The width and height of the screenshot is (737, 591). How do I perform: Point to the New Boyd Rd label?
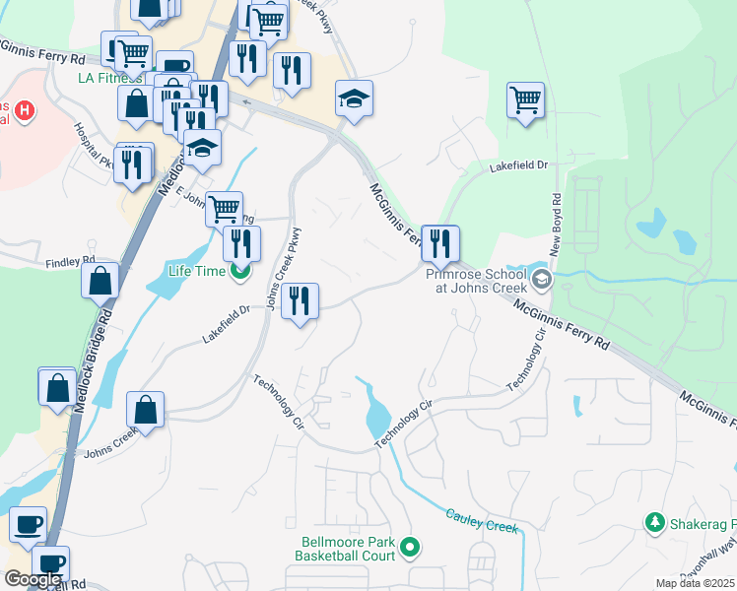point(556,212)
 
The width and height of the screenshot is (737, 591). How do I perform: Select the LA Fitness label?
point(111,77)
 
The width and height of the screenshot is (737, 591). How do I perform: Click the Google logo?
point(33,580)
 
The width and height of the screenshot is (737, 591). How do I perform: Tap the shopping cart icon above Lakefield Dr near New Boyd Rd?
point(526,98)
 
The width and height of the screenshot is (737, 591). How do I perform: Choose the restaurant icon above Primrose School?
point(440,241)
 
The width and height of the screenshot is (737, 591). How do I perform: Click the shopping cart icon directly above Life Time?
point(225,208)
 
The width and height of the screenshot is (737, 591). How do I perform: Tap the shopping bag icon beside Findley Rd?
point(100,280)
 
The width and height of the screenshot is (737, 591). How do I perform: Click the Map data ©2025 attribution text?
point(695,583)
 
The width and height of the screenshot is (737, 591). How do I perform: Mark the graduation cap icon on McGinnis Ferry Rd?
point(354,99)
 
